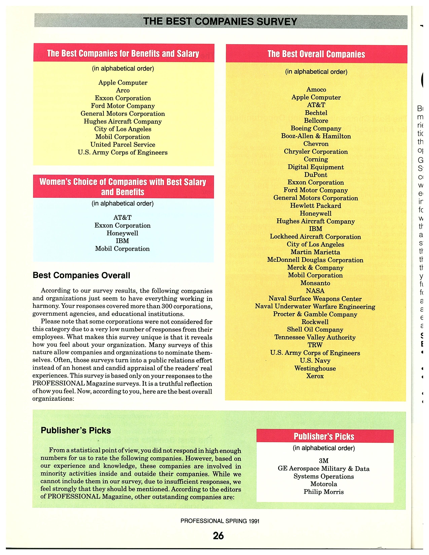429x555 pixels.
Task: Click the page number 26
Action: click(218, 535)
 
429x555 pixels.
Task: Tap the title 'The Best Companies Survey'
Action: click(220, 21)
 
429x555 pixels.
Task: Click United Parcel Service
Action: click(123, 145)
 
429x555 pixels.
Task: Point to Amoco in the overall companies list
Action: click(316, 89)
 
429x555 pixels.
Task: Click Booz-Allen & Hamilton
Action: click(316, 136)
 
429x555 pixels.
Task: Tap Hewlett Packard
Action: click(316, 206)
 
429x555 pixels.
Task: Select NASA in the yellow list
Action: click(315, 291)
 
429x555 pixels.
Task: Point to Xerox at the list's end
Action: click(315, 376)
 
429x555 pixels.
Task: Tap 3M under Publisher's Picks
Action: click(324, 461)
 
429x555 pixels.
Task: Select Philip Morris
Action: click(324, 492)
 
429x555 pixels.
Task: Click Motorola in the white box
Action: click(324, 484)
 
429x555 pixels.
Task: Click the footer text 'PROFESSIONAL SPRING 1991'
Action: click(220, 521)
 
